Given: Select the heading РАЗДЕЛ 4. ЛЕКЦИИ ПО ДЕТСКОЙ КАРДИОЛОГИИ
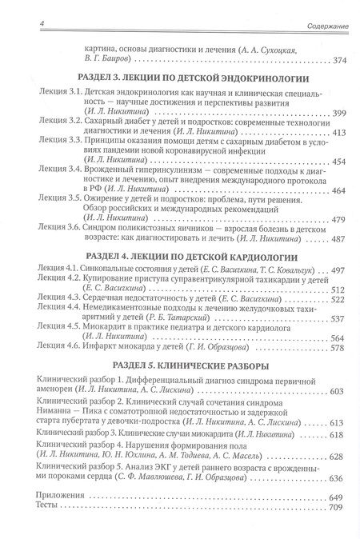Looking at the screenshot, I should [184, 257].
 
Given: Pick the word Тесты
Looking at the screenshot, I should [38, 508].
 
